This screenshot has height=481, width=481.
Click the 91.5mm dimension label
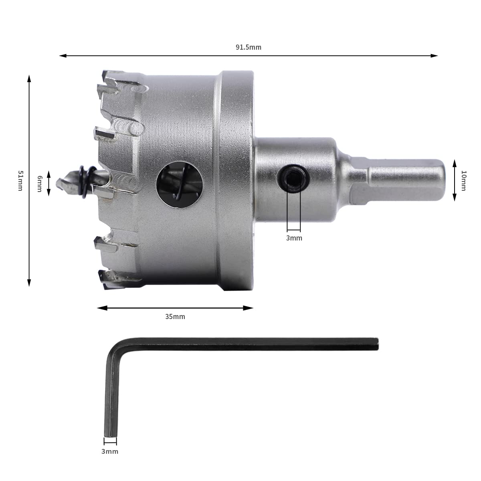pos(249,47)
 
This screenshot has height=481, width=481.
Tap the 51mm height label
pos(20,180)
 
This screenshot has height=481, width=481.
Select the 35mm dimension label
pos(175,317)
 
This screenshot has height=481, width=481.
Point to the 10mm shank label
pos(463,180)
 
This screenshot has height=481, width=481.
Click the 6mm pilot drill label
pos(40,184)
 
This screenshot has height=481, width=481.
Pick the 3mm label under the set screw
pos(294,238)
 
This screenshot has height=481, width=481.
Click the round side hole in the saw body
pos(179,184)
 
